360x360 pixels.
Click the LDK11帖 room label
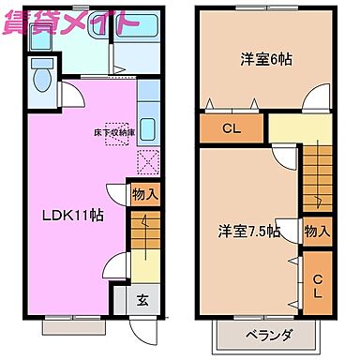[x=72, y=215]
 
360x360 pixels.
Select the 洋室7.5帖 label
[x=248, y=231]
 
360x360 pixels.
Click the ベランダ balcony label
[x=270, y=335]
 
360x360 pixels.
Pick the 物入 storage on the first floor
[x=145, y=195]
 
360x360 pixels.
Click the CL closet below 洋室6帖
[x=231, y=129]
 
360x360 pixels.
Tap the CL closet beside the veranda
[x=317, y=286]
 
